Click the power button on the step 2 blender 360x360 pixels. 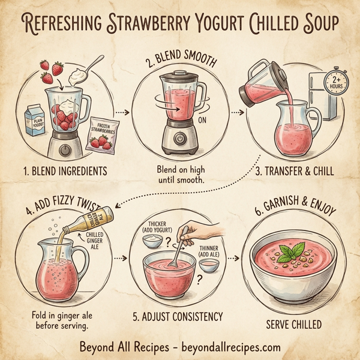click(179, 138)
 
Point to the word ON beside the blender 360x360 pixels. click(202, 119)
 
